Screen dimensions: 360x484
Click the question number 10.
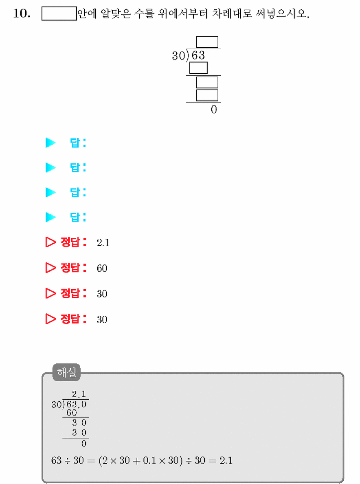pyautogui.click(x=22, y=13)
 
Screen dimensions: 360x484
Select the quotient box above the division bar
pyautogui.click(x=207, y=42)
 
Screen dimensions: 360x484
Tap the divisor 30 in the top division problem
pyautogui.click(x=179, y=55)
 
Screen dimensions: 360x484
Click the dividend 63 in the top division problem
pyautogui.click(x=198, y=55)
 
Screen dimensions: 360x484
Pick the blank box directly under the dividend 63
pyautogui.click(x=198, y=68)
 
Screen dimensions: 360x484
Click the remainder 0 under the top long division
pyautogui.click(x=214, y=109)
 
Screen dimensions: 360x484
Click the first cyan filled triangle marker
pyautogui.click(x=50, y=143)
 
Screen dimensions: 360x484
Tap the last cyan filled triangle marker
pyautogui.click(x=50, y=217)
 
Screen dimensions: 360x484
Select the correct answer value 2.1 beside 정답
pyautogui.click(x=103, y=243)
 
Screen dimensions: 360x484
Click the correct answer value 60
pyautogui.click(x=102, y=268)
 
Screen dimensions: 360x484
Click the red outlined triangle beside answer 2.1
pyautogui.click(x=50, y=242)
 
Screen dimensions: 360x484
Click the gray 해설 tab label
pyautogui.click(x=67, y=372)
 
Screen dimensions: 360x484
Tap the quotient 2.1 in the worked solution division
pyautogui.click(x=79, y=394)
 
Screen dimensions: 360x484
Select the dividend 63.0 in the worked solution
pyautogui.click(x=77, y=405)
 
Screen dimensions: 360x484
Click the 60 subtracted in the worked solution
pyautogui.click(x=72, y=413)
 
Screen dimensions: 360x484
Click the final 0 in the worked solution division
pyautogui.click(x=83, y=444)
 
